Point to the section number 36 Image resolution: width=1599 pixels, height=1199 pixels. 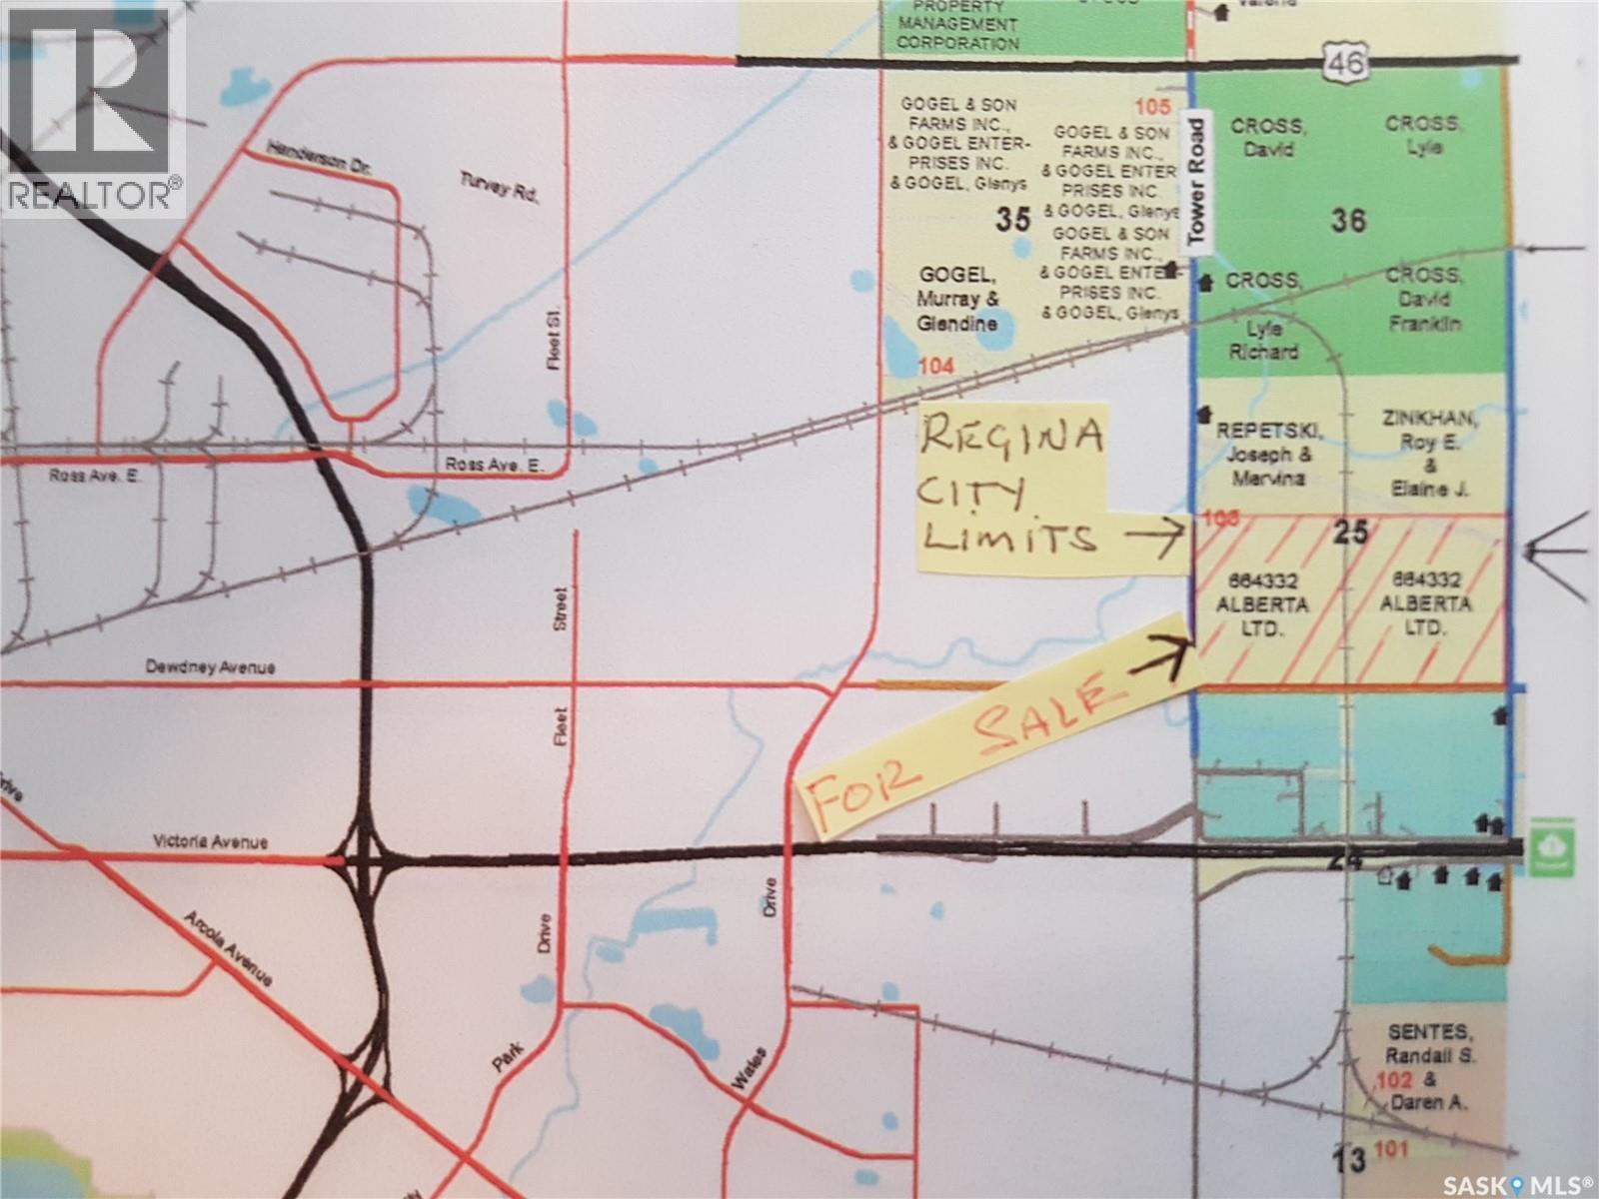pos(1348,220)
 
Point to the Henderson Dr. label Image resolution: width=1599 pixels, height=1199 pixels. pos(319,160)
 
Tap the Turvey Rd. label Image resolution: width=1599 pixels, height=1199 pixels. pos(499,187)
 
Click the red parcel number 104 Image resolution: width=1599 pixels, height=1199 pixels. pos(935,367)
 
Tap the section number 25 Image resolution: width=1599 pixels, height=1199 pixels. pos(1351,534)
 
